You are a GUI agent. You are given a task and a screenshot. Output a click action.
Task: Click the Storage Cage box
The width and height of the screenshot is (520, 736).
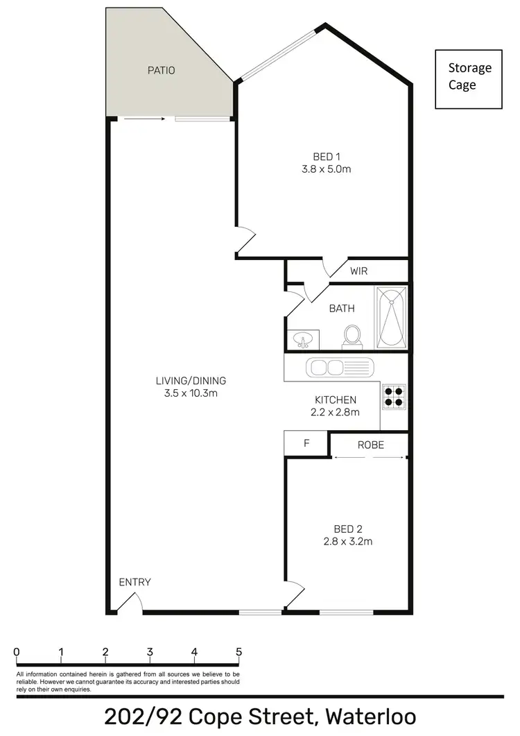pyautogui.click(x=468, y=79)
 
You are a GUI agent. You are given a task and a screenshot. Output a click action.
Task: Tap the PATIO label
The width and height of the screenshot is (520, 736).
pyautogui.click(x=161, y=70)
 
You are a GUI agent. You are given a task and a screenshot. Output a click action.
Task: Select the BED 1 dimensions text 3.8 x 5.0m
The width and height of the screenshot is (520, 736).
pyautogui.click(x=328, y=169)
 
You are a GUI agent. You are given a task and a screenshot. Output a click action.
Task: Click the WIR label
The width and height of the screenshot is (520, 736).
pyautogui.click(x=358, y=271)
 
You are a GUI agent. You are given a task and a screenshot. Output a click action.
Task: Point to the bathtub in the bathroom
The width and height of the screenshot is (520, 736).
pyautogui.click(x=392, y=316)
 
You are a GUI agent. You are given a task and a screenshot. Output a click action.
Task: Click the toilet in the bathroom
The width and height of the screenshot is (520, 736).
pyautogui.click(x=352, y=336)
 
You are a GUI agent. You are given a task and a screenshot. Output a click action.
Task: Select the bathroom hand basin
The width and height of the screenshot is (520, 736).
pyautogui.click(x=303, y=340)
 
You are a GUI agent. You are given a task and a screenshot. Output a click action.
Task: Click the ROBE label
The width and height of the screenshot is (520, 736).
pyautogui.click(x=370, y=445)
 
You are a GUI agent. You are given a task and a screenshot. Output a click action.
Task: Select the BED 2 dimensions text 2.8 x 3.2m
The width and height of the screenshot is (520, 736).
pyautogui.click(x=348, y=541)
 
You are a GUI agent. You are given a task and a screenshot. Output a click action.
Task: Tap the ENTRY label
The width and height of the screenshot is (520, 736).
pyautogui.click(x=135, y=582)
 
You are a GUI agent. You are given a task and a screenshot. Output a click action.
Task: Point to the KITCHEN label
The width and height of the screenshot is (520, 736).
pyautogui.click(x=336, y=400)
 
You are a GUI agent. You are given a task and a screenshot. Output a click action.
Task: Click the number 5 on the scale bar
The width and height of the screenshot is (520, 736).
pyautogui.click(x=239, y=652)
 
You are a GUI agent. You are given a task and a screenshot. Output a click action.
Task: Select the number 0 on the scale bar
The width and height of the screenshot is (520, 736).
pyautogui.click(x=16, y=652)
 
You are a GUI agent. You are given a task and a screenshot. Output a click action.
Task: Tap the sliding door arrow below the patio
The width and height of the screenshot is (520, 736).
pyautogui.click(x=145, y=119)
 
